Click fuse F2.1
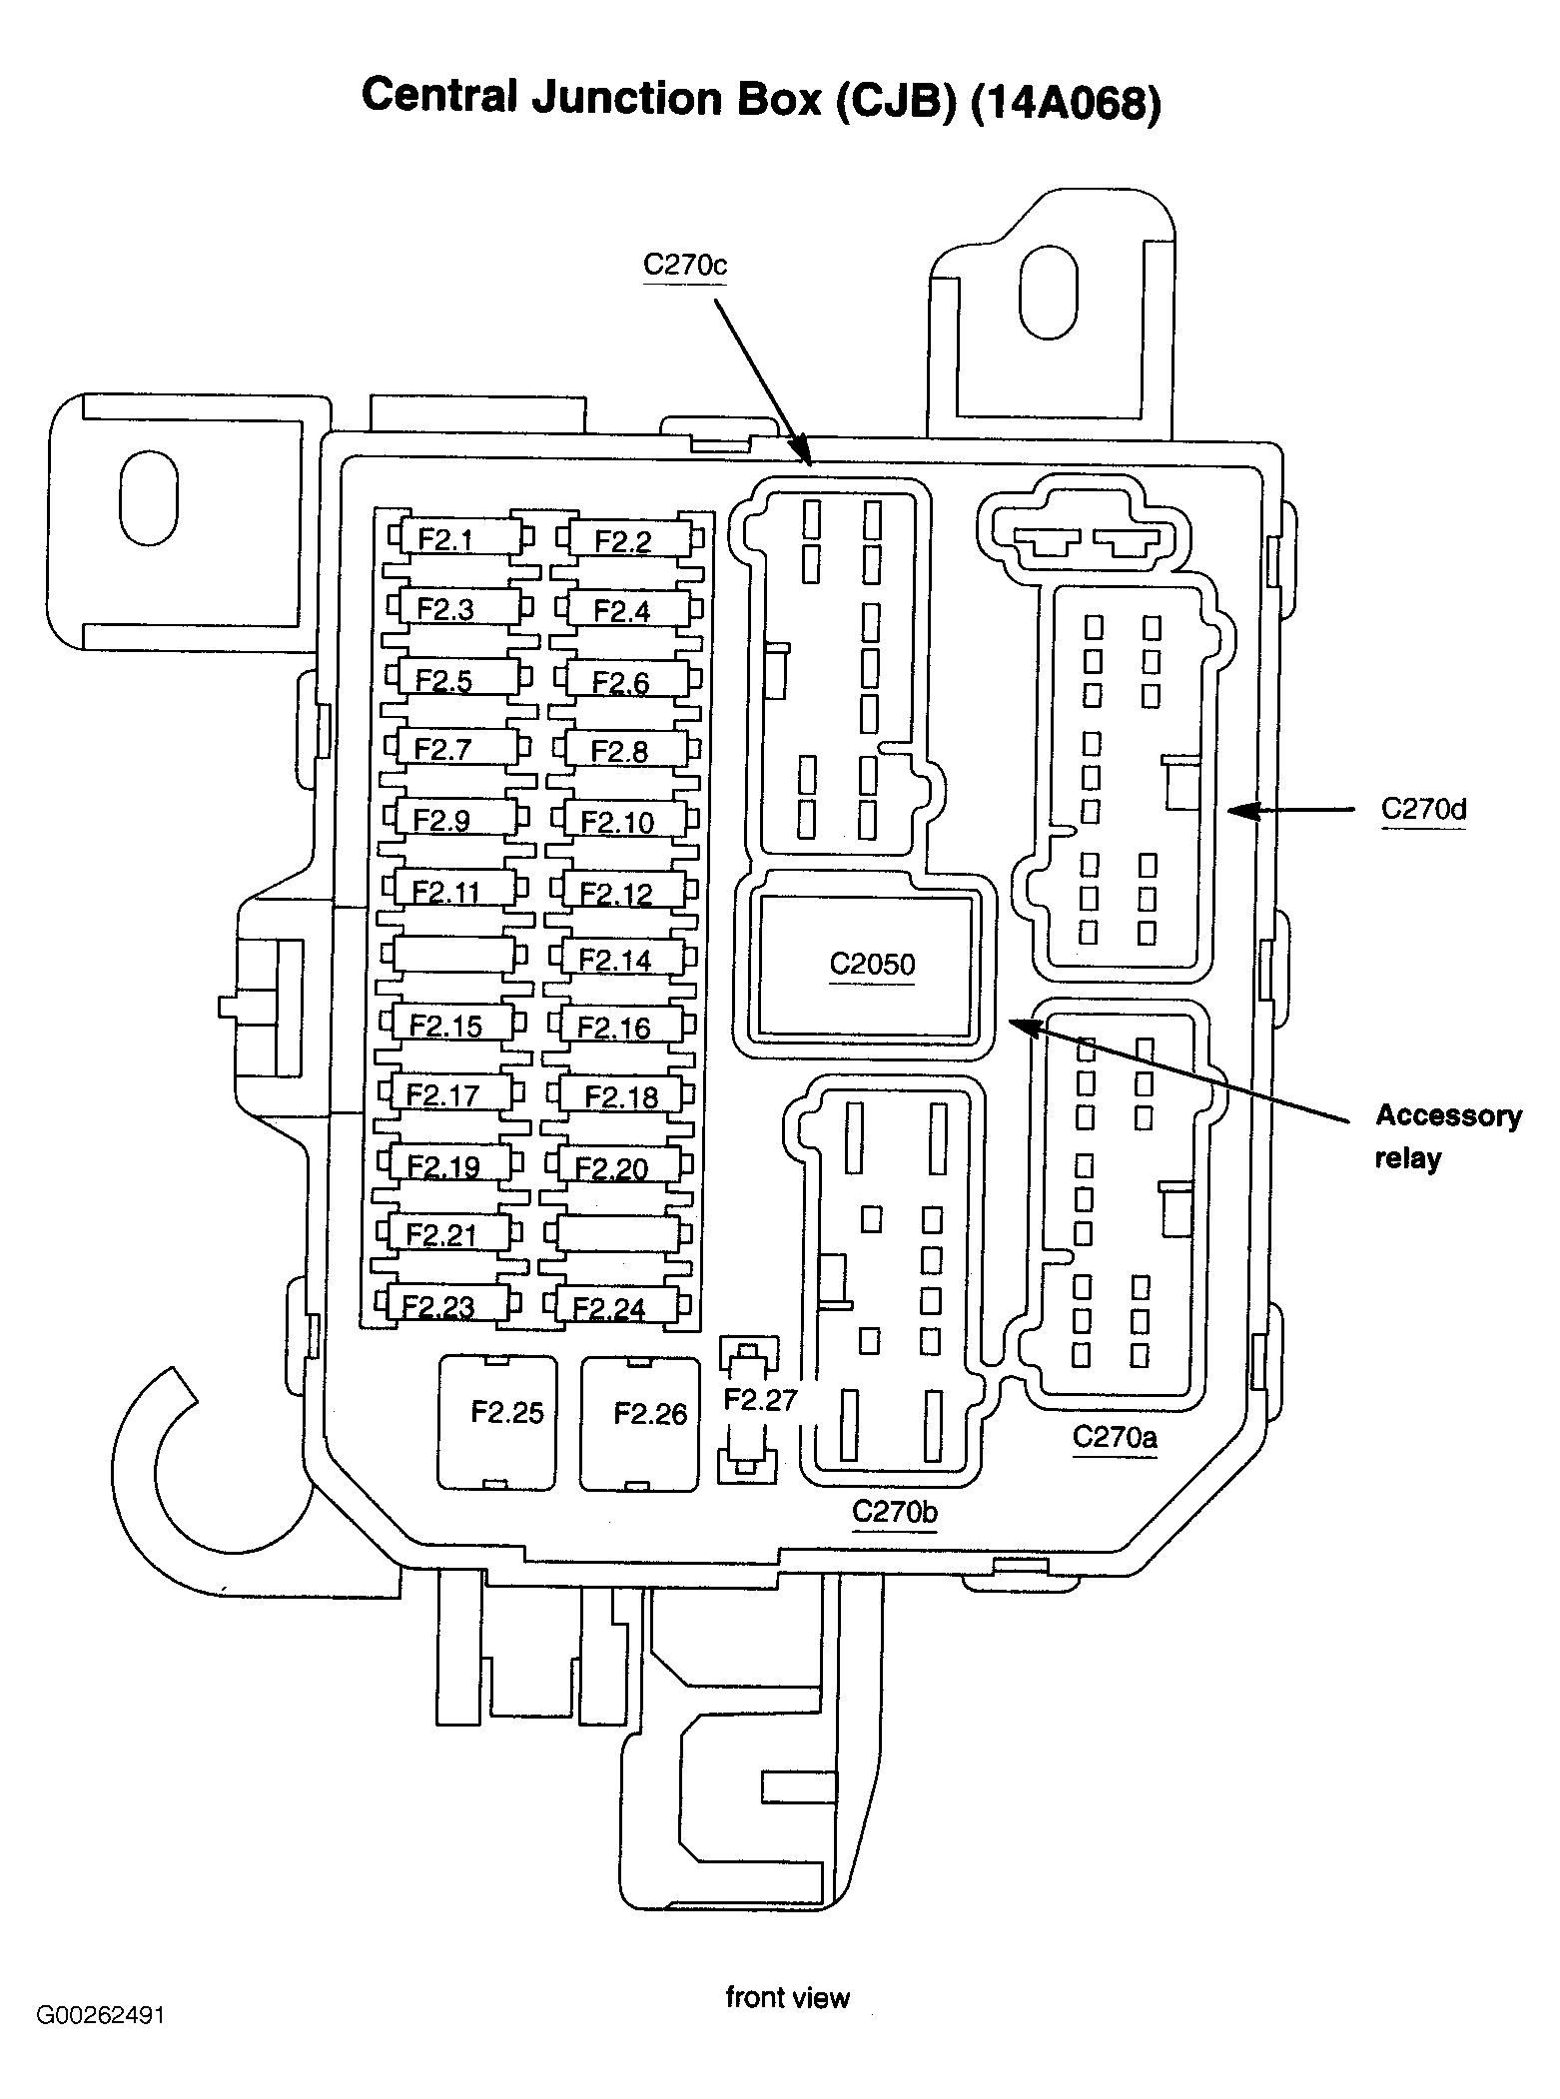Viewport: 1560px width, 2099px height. pyautogui.click(x=458, y=540)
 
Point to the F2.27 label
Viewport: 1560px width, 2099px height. pyautogui.click(x=760, y=1400)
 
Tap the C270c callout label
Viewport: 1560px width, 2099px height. pyautogui.click(x=685, y=266)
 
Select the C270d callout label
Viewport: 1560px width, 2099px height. pyautogui.click(x=1423, y=809)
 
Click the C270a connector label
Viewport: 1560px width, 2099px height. pyautogui.click(x=1115, y=1437)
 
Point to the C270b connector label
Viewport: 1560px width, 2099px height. pyautogui.click(x=895, y=1512)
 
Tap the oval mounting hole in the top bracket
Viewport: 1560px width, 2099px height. pyautogui.click(x=1048, y=291)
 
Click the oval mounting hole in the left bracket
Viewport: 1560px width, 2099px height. pyautogui.click(x=148, y=497)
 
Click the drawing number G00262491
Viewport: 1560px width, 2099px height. pyautogui.click(x=101, y=2014)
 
